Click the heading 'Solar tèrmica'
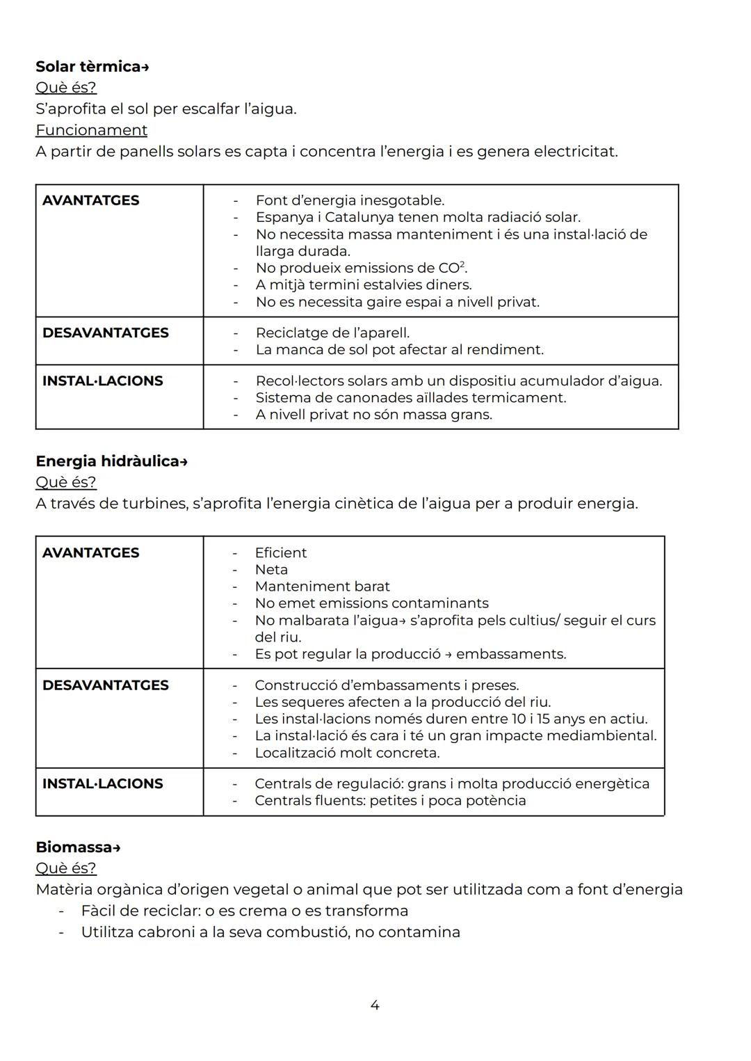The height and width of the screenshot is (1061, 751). pos(88,67)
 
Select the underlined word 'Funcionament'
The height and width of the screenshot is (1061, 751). pos(91,130)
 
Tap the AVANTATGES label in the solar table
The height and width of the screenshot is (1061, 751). pos(90,200)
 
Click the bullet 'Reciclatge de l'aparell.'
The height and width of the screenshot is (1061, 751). pos(332,333)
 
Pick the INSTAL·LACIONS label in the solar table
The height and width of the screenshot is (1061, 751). pos(102,381)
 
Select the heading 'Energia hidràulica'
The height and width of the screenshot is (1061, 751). pos(107,461)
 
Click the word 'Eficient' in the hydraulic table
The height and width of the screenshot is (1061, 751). pos(280,552)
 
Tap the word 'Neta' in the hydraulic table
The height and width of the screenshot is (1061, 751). pos(271,569)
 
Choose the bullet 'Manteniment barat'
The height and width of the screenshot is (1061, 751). pos(322,587)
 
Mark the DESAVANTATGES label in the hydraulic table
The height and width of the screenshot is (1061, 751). pos(105,685)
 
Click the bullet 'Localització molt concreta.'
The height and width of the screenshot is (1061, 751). pos(347,753)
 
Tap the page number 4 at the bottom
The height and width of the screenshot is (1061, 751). pos(375,1005)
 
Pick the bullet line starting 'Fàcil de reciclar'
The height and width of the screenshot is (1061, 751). pos(244,911)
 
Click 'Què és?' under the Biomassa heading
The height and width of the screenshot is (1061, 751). pos(65,868)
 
